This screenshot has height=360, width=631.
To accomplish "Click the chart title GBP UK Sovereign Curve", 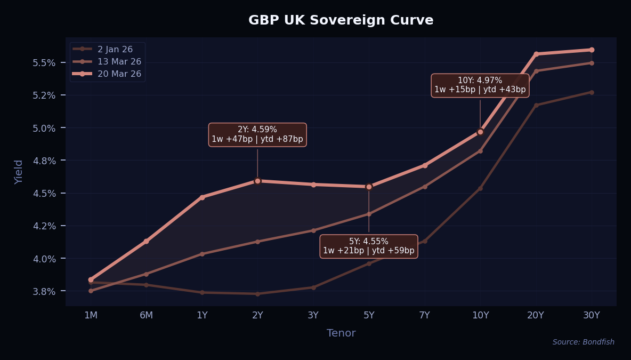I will [x=341, y=20].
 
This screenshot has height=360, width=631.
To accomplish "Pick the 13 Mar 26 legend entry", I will [x=119, y=61].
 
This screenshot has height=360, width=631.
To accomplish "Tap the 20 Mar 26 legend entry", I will [x=119, y=74].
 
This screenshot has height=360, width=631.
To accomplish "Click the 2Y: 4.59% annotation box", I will [x=257, y=134].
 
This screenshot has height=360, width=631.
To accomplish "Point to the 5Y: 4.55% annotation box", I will [x=369, y=246].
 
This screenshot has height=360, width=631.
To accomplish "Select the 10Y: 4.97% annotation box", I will [x=480, y=85].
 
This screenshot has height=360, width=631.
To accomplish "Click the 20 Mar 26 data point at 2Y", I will [x=257, y=181].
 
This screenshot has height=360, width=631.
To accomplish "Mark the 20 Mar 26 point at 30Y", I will [x=592, y=50].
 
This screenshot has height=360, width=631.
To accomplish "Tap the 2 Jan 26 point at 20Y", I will [x=536, y=105].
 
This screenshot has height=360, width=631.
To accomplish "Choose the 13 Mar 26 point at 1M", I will [x=91, y=291].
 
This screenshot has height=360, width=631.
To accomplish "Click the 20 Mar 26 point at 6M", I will [x=147, y=242].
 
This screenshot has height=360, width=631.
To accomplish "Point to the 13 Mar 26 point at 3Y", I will [x=313, y=230].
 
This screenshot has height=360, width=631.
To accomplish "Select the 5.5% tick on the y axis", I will [x=45, y=62].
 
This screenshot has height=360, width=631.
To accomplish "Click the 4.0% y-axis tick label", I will [x=45, y=259].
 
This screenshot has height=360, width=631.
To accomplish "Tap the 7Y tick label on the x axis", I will [x=424, y=315].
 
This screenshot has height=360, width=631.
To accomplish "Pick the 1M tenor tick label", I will [x=91, y=315].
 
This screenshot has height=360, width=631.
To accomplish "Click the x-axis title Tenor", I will [x=341, y=333].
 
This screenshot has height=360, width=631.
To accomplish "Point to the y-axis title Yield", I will [x=19, y=172].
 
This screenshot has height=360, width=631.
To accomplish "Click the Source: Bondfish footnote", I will [x=583, y=342].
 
